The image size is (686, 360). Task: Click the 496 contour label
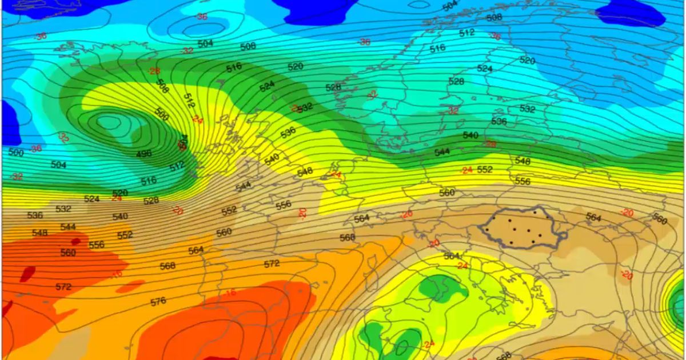(144, 154)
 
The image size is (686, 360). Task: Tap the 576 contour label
(158, 301)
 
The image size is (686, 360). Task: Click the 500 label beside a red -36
(17, 153)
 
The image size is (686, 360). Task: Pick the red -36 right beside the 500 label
(36, 149)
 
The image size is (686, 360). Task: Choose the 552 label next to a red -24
(484, 170)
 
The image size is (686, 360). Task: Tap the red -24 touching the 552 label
(467, 170)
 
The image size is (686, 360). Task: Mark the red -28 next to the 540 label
(490, 144)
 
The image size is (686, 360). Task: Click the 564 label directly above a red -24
(452, 256)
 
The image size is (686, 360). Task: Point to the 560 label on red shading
(68, 253)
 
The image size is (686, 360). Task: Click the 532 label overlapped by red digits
(305, 107)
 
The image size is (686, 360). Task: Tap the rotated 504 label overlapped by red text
(183, 142)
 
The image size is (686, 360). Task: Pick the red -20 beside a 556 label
(302, 213)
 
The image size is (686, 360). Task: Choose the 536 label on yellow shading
(288, 132)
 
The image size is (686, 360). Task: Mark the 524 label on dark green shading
(266, 86)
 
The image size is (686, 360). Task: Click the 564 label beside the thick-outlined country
(593, 218)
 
